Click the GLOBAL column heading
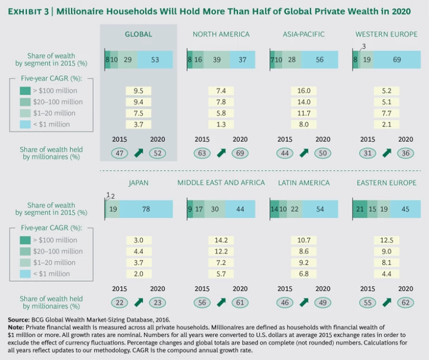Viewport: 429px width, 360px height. [139, 35]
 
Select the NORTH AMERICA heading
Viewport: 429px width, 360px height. [221, 35]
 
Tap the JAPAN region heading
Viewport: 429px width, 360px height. [139, 183]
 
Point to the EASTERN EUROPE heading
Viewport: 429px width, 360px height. [386, 183]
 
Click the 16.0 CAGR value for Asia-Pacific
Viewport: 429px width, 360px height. [303, 90]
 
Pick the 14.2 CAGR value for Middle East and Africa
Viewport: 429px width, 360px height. [221, 240]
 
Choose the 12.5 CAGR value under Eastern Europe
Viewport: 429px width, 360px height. [386, 240]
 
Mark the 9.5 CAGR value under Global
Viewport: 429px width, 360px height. [139, 90]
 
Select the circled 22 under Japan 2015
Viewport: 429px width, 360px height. [120, 302]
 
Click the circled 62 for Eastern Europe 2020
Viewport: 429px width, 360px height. [405, 302]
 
